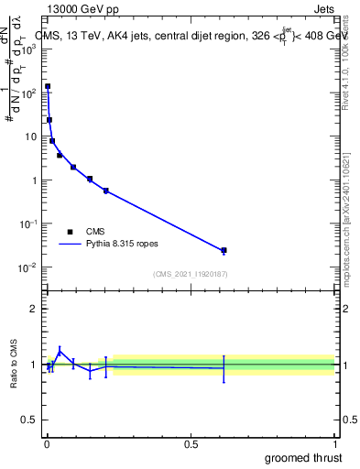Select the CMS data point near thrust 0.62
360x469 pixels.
tap(224, 250)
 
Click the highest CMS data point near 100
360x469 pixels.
tap(48, 87)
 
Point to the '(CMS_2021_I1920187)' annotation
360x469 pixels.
tap(191, 274)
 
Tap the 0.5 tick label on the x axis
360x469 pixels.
tap(191, 443)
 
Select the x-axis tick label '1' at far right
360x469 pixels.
tap(335, 443)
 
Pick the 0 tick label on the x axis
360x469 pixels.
tap(47, 443)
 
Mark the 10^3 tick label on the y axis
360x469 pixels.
tap(28, 49)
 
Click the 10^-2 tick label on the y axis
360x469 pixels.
tap(28, 267)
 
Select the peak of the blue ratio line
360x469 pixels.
tap(60, 350)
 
